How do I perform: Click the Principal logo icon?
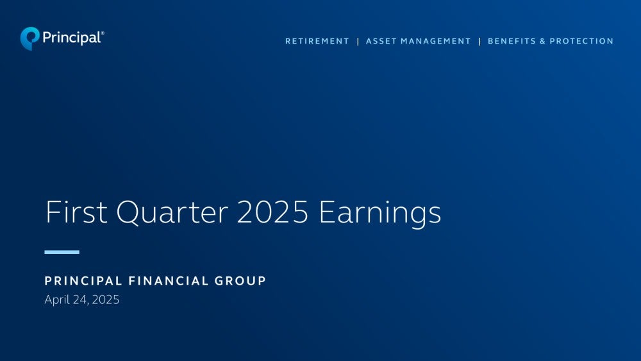(29, 38)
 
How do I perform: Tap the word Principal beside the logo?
(72, 38)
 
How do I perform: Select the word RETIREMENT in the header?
(317, 41)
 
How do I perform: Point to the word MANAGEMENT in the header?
(436, 41)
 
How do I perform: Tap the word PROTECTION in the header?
(581, 41)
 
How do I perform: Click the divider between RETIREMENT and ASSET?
(358, 41)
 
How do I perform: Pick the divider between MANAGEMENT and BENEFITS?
(479, 41)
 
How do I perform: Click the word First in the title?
(76, 212)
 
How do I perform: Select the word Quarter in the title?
(172, 213)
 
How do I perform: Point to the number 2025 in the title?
(272, 212)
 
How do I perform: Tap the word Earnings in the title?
(380, 214)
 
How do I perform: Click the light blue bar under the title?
(62, 252)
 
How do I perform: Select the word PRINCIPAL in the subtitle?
(83, 281)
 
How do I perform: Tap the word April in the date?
(57, 300)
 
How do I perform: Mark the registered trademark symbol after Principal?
(102, 33)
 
